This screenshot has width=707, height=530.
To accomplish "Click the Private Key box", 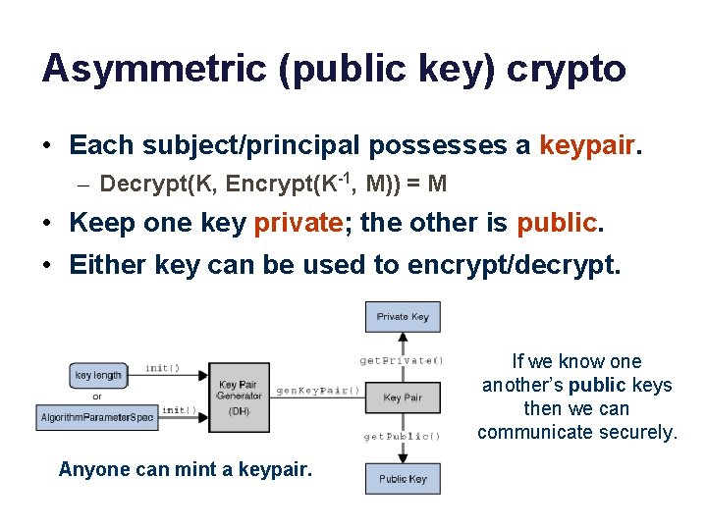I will coord(403,317).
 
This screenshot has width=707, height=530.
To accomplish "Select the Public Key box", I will coord(403,478).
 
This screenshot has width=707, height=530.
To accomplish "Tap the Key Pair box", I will coord(403,397).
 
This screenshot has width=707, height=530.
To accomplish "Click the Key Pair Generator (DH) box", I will coord(240,397).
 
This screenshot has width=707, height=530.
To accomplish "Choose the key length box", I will coord(98,375).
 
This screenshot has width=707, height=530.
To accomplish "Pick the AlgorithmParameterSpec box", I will coord(97,417).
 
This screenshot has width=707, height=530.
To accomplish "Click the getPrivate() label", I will coord(402,360).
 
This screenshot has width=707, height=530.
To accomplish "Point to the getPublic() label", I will coord(402,436).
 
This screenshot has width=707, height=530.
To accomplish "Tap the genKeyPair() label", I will coord(318,390).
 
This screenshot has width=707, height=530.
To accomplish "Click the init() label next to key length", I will coord(162,368).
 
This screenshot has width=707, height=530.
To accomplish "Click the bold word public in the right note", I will coord(597,385).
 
